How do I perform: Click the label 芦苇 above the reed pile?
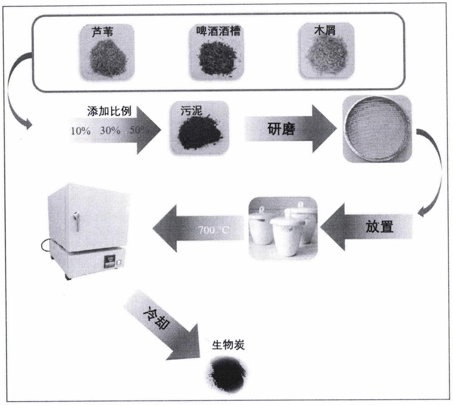pyautogui.click(x=102, y=32)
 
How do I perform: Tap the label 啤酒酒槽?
pyautogui.click(x=218, y=31)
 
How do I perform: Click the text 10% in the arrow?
pyautogui.click(x=81, y=131)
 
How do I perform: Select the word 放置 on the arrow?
pyautogui.click(x=379, y=226)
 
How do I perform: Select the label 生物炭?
pyautogui.click(x=228, y=345)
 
